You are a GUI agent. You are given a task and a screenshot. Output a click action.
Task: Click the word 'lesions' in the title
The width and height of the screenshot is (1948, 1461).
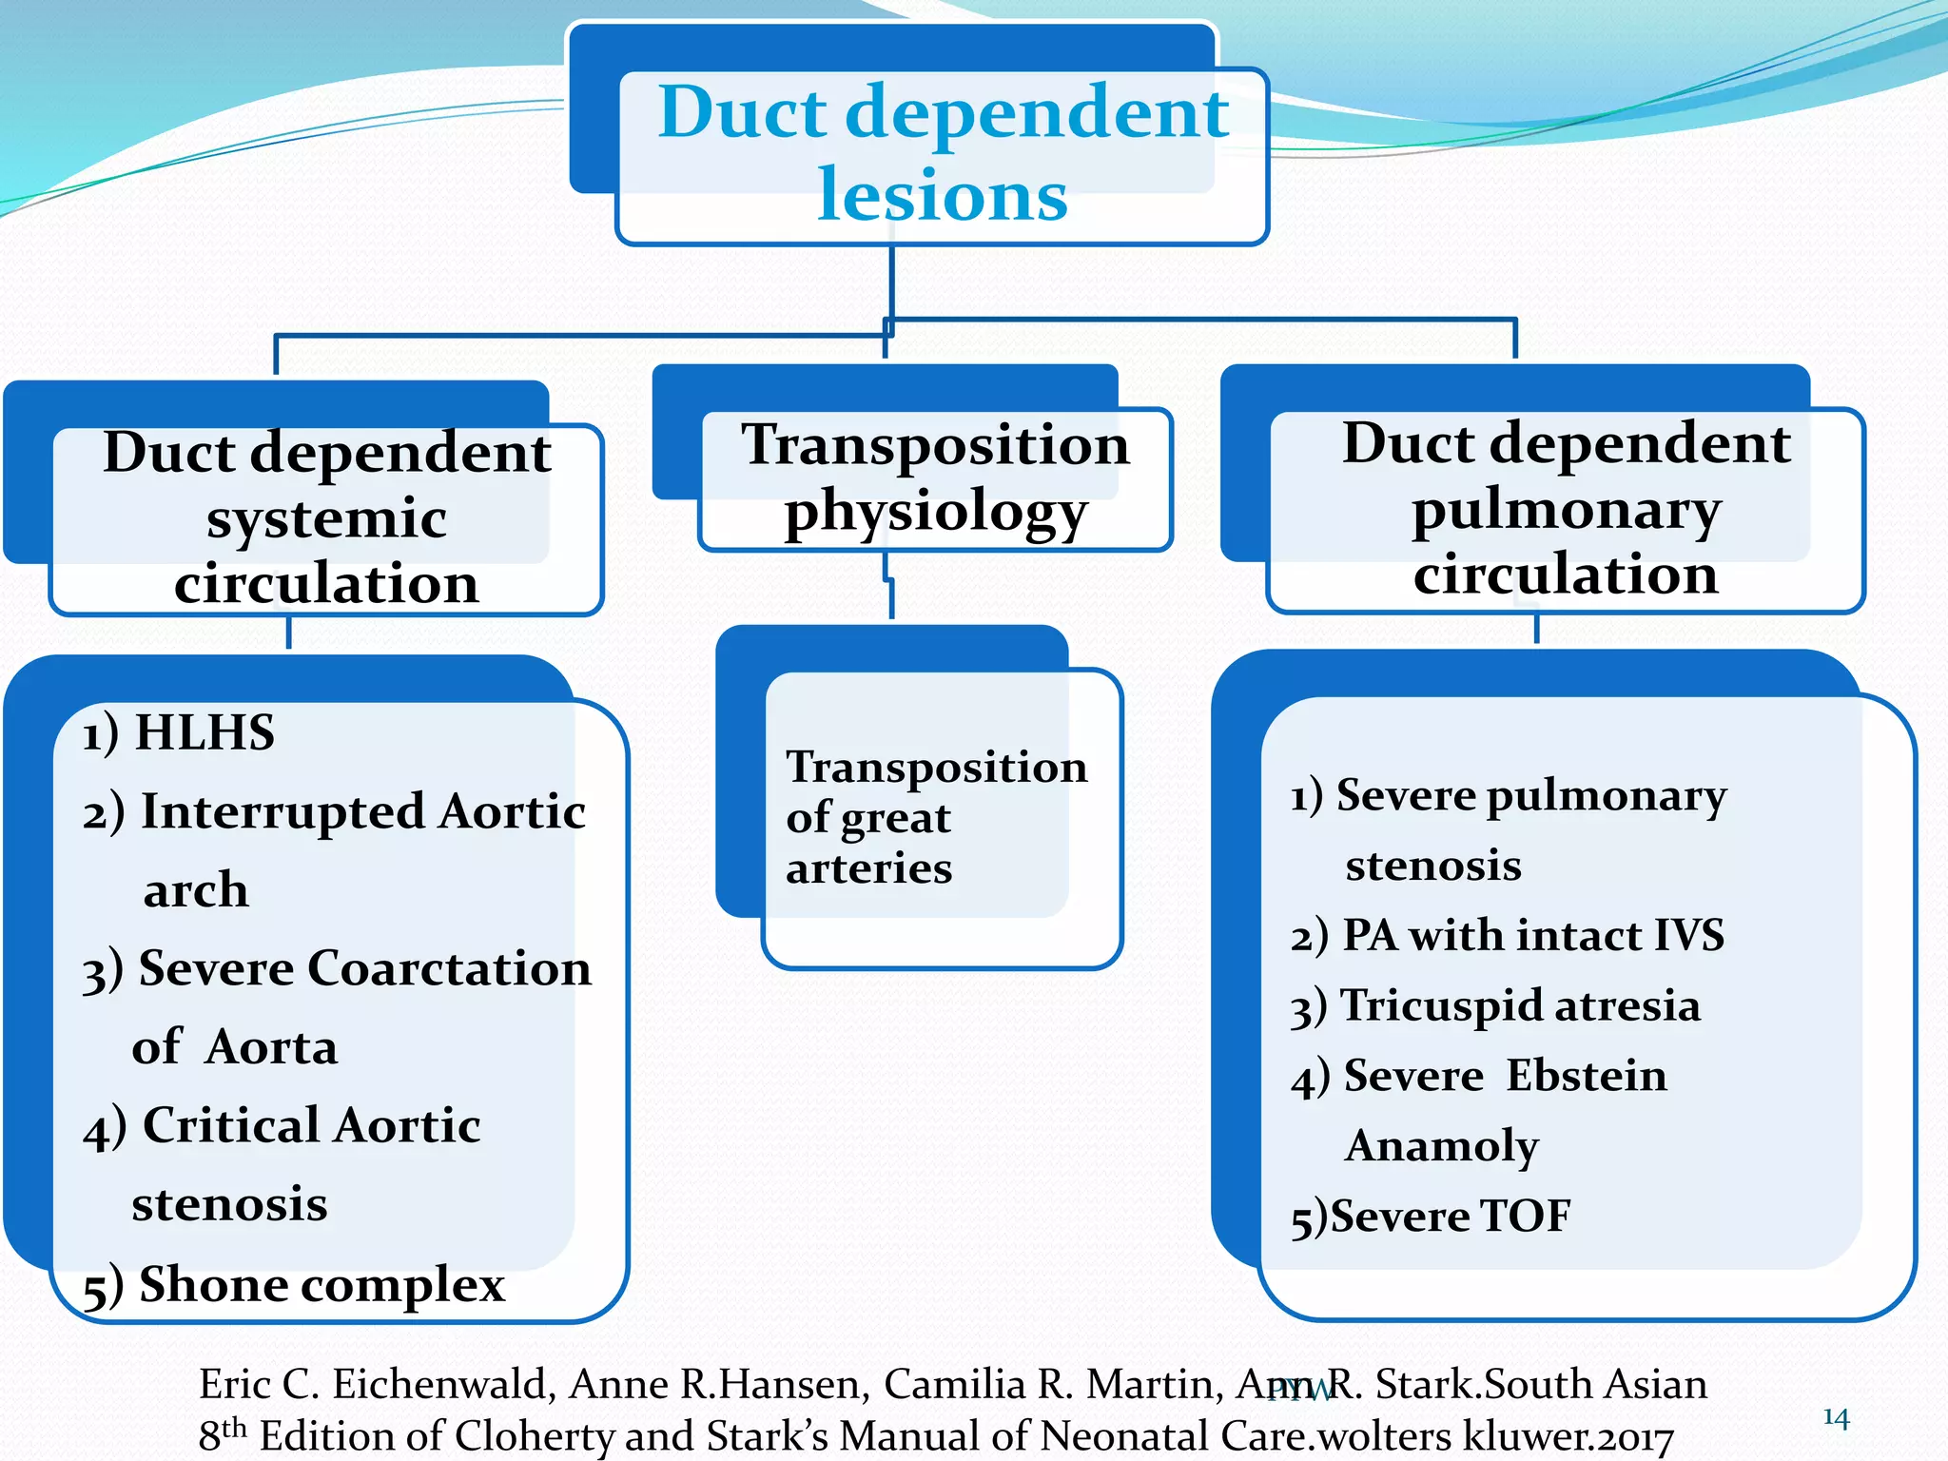pyautogui.click(x=942, y=195)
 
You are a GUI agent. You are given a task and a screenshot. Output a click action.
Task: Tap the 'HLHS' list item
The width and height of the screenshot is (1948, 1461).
pyautogui.click(x=204, y=733)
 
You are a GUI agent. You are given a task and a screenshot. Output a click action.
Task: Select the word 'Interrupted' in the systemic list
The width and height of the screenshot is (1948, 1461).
pyautogui.click(x=282, y=812)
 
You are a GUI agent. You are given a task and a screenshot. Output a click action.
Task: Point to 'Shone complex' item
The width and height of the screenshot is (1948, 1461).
pyautogui.click(x=321, y=1285)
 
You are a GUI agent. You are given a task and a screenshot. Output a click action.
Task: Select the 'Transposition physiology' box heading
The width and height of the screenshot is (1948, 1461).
pyautogui.click(x=935, y=478)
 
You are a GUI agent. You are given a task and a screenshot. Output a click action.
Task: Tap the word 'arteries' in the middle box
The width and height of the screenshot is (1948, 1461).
pyautogui.click(x=868, y=869)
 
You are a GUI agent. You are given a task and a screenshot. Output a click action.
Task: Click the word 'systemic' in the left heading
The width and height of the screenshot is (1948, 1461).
pyautogui.click(x=326, y=519)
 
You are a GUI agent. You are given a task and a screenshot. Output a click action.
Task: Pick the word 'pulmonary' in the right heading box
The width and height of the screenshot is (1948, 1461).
pyautogui.click(x=1566, y=511)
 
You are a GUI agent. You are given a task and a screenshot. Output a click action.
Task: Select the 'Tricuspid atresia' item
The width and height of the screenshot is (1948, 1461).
pyautogui.click(x=1519, y=1006)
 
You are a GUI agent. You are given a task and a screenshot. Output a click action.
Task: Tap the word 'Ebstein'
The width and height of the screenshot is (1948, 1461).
pyautogui.click(x=1586, y=1077)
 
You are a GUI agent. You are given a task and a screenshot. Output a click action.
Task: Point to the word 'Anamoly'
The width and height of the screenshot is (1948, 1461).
pyautogui.click(x=1441, y=1146)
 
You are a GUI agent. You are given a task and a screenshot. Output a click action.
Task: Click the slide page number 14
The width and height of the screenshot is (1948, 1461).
pyautogui.click(x=1836, y=1418)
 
